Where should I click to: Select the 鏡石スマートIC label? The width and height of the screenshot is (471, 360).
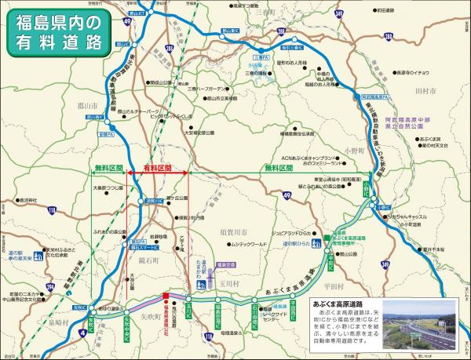pos(148,246)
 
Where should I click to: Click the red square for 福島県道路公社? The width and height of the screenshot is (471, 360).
pos(165,297)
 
